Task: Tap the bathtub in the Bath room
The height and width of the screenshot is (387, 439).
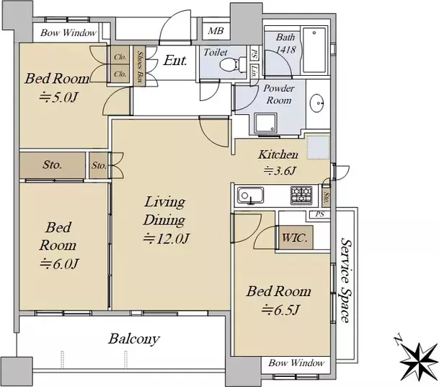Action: click(x=314, y=50)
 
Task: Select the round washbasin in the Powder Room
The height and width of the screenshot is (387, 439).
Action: click(x=317, y=103)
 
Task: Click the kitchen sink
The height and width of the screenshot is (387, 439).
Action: click(x=251, y=195)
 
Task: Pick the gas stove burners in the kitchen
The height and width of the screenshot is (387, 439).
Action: click(x=301, y=195)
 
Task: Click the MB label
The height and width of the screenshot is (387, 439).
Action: click(x=216, y=30)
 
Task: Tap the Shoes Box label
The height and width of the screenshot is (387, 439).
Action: click(x=139, y=67)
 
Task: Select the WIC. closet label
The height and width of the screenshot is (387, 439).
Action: click(x=294, y=238)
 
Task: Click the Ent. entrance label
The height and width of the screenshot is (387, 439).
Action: click(x=175, y=61)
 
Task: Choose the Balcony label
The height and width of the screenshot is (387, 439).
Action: click(x=134, y=339)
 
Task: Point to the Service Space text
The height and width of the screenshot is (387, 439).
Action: click(x=345, y=280)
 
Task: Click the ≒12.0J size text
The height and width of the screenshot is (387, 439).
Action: click(x=166, y=239)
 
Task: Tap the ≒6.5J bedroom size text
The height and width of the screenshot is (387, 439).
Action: click(x=281, y=310)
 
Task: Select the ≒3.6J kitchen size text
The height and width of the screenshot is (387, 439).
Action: click(x=280, y=170)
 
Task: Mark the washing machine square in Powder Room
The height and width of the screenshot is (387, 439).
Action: click(x=266, y=123)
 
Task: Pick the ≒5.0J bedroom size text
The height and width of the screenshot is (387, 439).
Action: click(x=58, y=97)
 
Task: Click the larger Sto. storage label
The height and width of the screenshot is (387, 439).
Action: click(x=52, y=165)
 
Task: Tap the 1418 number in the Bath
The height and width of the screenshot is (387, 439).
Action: click(x=286, y=50)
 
